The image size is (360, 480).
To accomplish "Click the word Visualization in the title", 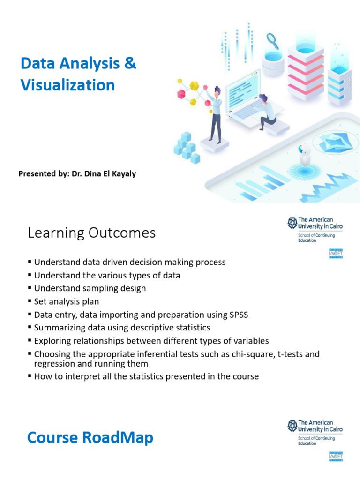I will pyautogui.click(x=67, y=85).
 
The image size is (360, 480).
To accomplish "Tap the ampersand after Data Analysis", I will pyautogui.click(x=130, y=63).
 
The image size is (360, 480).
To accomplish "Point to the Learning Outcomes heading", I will pyautogui.click(x=91, y=232).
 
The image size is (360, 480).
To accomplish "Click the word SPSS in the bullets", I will pyautogui.click(x=238, y=315).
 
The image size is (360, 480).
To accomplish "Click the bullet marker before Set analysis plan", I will pyautogui.click(x=30, y=301).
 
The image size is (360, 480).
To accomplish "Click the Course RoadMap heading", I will pyautogui.click(x=90, y=437).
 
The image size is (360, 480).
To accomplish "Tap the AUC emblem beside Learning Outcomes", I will pyautogui.click(x=292, y=222).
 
